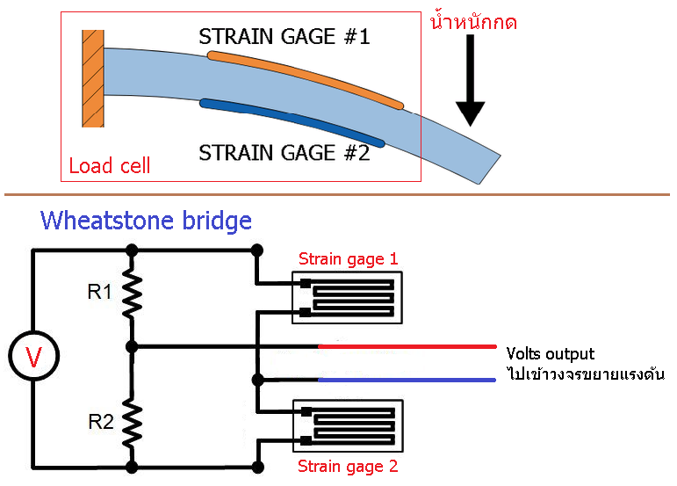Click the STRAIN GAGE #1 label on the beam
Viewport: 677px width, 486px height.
tap(284, 36)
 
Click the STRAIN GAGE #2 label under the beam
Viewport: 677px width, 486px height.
tap(284, 152)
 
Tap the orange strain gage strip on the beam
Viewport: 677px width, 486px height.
tap(306, 80)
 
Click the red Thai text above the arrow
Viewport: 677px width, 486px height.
tap(472, 21)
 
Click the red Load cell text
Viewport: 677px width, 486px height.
tap(110, 165)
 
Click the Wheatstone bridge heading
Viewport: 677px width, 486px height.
tap(146, 220)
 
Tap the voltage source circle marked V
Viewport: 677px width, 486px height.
tap(32, 356)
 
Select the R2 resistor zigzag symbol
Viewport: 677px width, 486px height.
tap(132, 420)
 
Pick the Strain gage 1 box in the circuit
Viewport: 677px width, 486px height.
tap(349, 298)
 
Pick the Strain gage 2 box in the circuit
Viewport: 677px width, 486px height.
tap(349, 426)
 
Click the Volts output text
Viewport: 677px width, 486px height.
tap(551, 354)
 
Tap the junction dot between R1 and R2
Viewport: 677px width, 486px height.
tap(132, 346)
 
